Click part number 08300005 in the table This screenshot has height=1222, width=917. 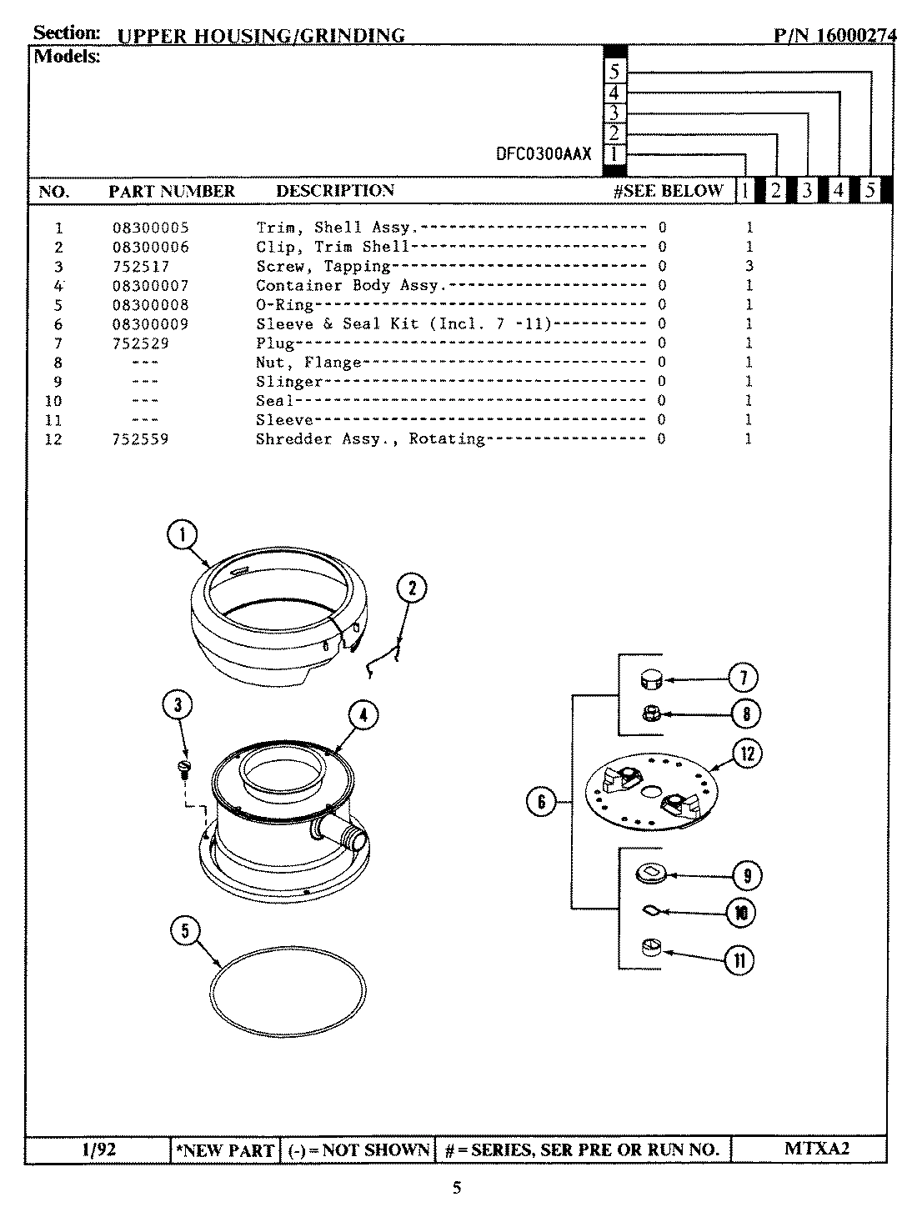pyautogui.click(x=151, y=228)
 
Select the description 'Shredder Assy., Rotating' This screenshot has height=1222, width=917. pyautogui.click(x=370, y=439)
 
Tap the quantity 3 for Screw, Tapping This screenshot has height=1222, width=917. pyautogui.click(x=749, y=266)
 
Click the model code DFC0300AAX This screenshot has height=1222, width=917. pyautogui.click(x=544, y=154)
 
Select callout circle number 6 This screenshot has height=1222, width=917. pyautogui.click(x=541, y=802)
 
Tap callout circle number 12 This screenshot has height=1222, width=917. pyautogui.click(x=747, y=754)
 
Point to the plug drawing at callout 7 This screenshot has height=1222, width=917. pyautogui.click(x=649, y=680)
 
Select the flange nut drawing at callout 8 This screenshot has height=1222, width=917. pyautogui.click(x=649, y=714)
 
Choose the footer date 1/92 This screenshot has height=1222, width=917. pyautogui.click(x=98, y=1150)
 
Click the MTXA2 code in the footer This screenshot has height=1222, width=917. pyautogui.click(x=816, y=1149)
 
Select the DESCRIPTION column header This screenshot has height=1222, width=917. pyautogui.click(x=335, y=191)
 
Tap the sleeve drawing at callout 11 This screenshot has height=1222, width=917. pyautogui.click(x=650, y=948)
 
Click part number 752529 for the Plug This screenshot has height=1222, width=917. pyautogui.click(x=141, y=343)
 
